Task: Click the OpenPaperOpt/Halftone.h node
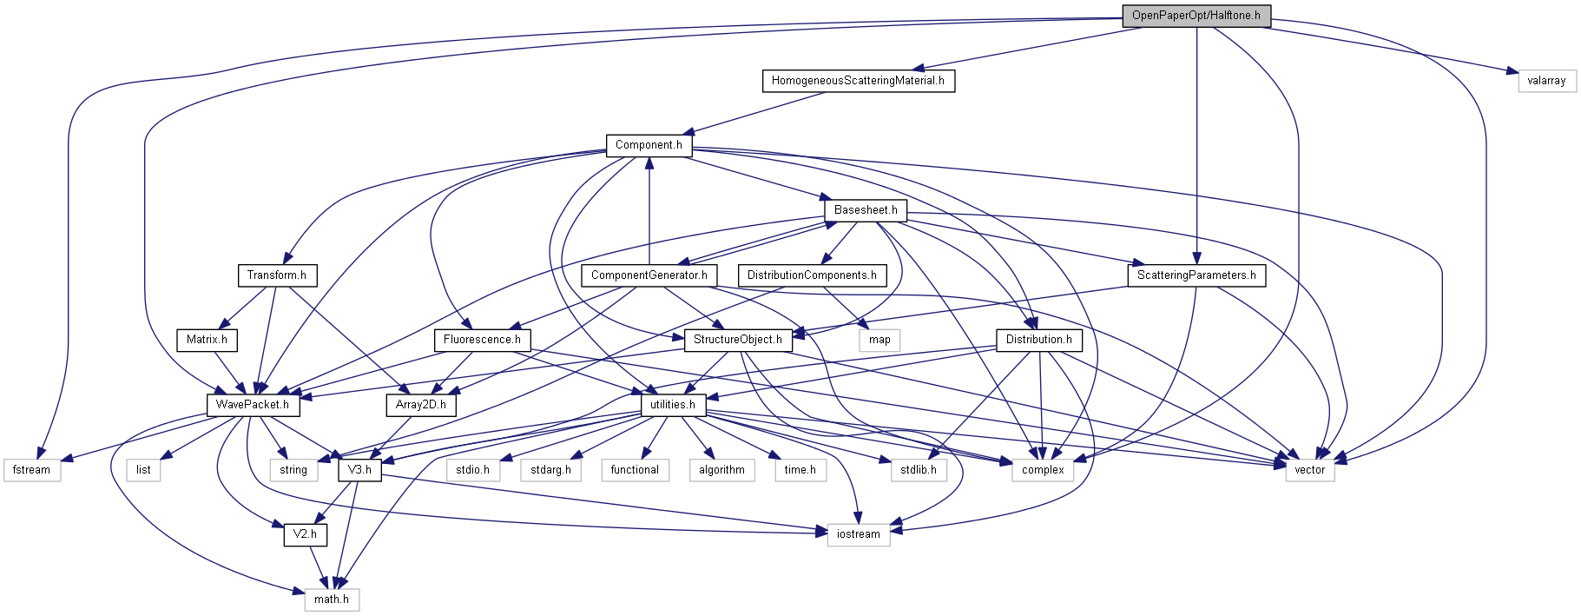pyautogui.click(x=1196, y=16)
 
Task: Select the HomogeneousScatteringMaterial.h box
pyautogui.click(x=858, y=81)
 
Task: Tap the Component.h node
pyautogui.click(x=649, y=145)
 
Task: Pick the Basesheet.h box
pyautogui.click(x=866, y=210)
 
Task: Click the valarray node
pyautogui.click(x=1546, y=81)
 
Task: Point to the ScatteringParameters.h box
pyautogui.click(x=1196, y=275)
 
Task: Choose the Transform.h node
pyautogui.click(x=276, y=275)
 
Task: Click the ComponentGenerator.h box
pyautogui.click(x=649, y=275)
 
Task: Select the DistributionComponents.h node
pyautogui.click(x=812, y=275)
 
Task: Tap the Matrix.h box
pyautogui.click(x=207, y=340)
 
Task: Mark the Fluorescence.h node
pyautogui.click(x=482, y=340)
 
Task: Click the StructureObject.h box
pyautogui.click(x=737, y=340)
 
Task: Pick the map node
pyautogui.click(x=879, y=340)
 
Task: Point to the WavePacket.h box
pyautogui.click(x=252, y=405)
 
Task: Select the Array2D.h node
pyautogui.click(x=420, y=405)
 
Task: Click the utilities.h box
pyautogui.click(x=673, y=405)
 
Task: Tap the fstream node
pyautogui.click(x=31, y=470)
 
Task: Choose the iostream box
pyautogui.click(x=858, y=534)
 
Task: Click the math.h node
pyautogui.click(x=332, y=599)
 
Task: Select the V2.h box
pyautogui.click(x=305, y=534)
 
